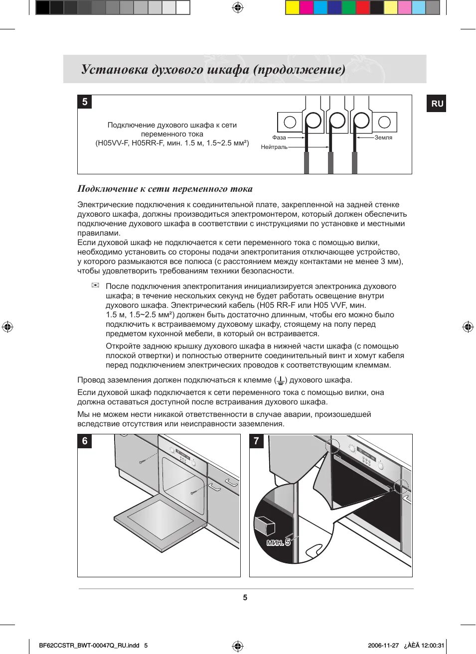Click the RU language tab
click(437, 104)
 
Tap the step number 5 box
click(85, 102)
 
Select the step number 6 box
click(85, 441)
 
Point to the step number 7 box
click(256, 441)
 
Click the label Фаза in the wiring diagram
click(279, 137)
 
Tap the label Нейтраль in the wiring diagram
click(274, 147)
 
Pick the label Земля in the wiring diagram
click(383, 137)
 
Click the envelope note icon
click(95, 285)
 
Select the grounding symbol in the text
click(281, 381)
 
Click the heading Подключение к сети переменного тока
click(165, 189)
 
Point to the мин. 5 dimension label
click(279, 542)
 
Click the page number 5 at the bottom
click(245, 597)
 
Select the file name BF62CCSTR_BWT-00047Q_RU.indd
click(89, 645)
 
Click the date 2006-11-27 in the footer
click(383, 645)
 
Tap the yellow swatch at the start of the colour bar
click(293, 7)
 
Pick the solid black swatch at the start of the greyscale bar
click(43, 7)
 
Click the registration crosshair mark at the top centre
click(238, 7)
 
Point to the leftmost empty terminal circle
click(290, 122)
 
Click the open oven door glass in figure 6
click(160, 518)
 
